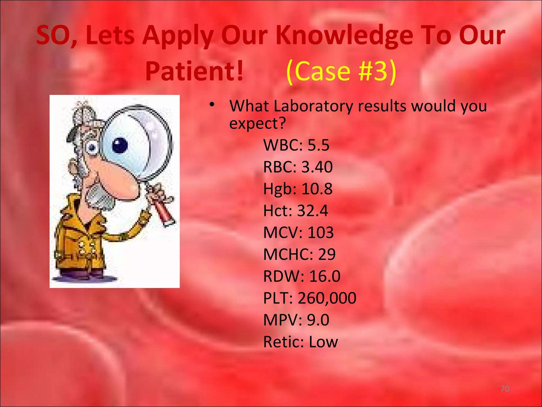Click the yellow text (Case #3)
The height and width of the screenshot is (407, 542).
coord(341,71)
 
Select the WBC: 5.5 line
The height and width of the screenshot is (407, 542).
coord(296,145)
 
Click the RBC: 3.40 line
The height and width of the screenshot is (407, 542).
coord(298,167)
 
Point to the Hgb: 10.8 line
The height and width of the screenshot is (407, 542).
coord(298,189)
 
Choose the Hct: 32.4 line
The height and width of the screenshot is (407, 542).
coord(296,211)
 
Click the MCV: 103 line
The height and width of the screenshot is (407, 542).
coord(298,233)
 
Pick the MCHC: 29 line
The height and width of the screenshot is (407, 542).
coord(299,254)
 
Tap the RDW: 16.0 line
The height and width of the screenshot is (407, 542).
coord(302,276)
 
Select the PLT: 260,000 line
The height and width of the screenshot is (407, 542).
coord(310,298)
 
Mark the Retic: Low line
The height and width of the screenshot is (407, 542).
coord(300,342)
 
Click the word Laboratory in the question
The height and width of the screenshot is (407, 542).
coord(313,106)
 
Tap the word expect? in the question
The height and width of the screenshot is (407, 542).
coord(258,123)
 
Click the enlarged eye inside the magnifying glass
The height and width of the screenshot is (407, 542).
coord(120,145)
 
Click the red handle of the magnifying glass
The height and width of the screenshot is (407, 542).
coord(165,212)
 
